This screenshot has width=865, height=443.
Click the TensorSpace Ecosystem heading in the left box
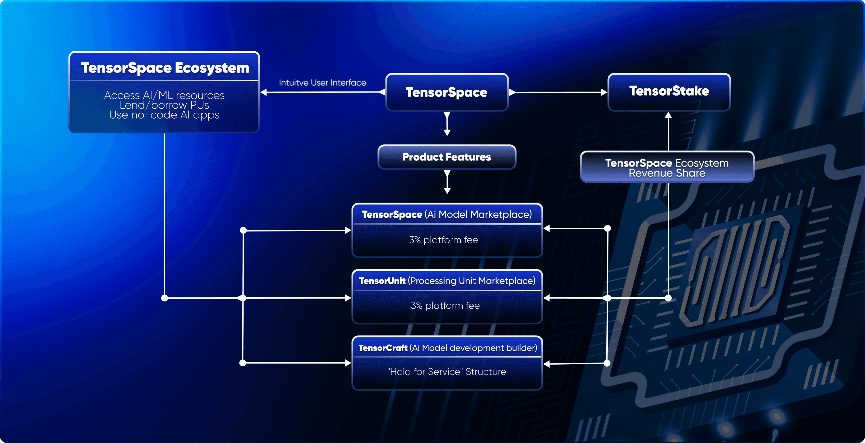point(165,68)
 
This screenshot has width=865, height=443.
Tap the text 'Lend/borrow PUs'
point(164,105)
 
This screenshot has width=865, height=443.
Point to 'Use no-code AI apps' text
point(164,115)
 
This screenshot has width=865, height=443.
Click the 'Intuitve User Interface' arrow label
point(322,83)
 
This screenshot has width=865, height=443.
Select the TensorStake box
point(669,92)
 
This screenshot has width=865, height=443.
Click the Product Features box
point(447,157)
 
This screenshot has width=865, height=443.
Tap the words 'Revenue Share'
point(667,173)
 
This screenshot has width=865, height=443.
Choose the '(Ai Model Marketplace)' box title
point(478,214)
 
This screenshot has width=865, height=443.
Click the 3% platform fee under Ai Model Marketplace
point(443,240)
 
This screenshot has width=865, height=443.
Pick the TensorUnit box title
point(447,281)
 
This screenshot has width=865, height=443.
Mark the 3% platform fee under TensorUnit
point(445,306)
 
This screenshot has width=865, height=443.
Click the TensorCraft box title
point(448,348)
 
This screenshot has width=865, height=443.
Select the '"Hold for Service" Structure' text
point(447,372)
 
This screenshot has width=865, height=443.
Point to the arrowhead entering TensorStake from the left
point(604,92)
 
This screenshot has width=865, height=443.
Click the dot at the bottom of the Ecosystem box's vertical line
point(164,298)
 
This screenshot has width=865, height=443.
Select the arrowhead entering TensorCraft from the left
point(348,363)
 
